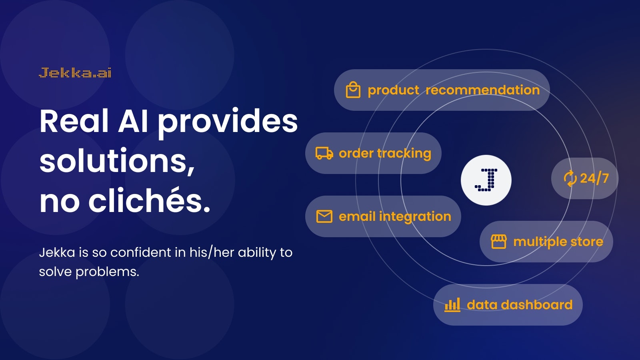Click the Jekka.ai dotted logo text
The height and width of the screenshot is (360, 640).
tap(75, 73)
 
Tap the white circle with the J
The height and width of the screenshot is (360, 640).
tap(486, 180)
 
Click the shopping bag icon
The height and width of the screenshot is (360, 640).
tap(353, 90)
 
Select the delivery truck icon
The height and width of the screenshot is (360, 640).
tap(324, 153)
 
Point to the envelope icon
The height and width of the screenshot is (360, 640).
tap(324, 216)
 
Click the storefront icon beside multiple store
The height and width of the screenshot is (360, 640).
tap(498, 242)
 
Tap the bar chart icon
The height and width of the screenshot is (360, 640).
tap(452, 305)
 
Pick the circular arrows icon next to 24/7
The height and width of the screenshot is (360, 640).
tap(570, 178)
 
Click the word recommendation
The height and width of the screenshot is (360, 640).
tap(482, 90)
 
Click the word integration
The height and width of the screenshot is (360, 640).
tap(415, 216)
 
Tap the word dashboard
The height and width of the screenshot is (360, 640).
tap(536, 305)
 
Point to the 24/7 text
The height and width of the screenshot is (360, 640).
tap(594, 178)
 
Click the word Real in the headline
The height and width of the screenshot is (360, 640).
tap(74, 121)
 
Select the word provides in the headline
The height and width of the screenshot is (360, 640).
tap(228, 122)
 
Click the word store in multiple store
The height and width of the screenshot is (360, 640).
tap(586, 242)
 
